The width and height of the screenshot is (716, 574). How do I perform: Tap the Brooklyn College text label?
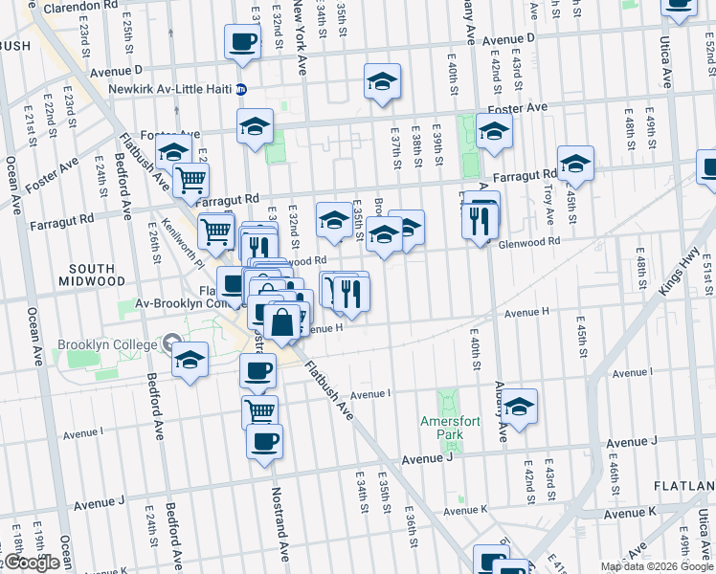[106, 344]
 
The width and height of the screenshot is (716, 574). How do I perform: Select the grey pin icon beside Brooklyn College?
[172, 342]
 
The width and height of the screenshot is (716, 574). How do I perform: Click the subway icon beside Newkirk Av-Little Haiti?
[242, 90]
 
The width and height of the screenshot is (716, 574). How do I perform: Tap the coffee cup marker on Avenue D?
[241, 42]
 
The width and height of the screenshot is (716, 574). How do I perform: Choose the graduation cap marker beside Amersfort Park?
[519, 406]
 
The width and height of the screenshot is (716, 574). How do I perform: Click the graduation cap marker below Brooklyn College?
[190, 359]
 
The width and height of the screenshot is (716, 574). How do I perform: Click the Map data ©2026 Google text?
[657, 566]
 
